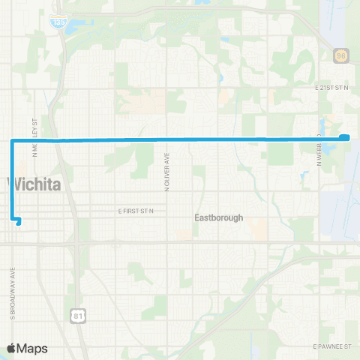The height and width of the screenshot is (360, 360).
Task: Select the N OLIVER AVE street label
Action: (x=168, y=174)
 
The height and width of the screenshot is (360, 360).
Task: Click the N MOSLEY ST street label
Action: (x=34, y=135)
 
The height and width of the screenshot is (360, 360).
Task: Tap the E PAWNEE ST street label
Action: (x=332, y=346)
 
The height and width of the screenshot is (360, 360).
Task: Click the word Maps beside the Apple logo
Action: (x=33, y=348)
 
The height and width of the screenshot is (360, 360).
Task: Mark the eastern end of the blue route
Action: (x=346, y=136)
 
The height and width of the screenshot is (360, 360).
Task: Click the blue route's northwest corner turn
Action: (x=11, y=140)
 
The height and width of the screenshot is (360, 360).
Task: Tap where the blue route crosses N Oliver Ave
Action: (x=168, y=139)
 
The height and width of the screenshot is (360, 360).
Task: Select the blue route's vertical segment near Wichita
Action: (x=11, y=180)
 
